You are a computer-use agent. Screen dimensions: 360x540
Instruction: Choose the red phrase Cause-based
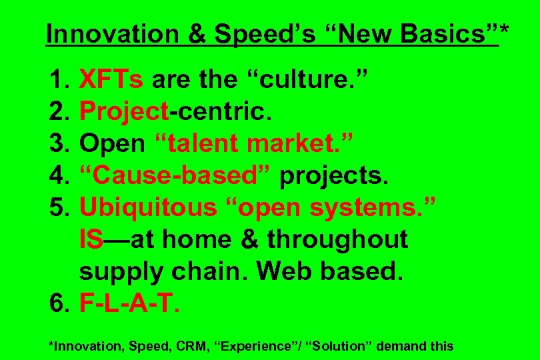(x=175, y=176)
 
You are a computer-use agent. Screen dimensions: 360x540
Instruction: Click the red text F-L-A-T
(x=129, y=303)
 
